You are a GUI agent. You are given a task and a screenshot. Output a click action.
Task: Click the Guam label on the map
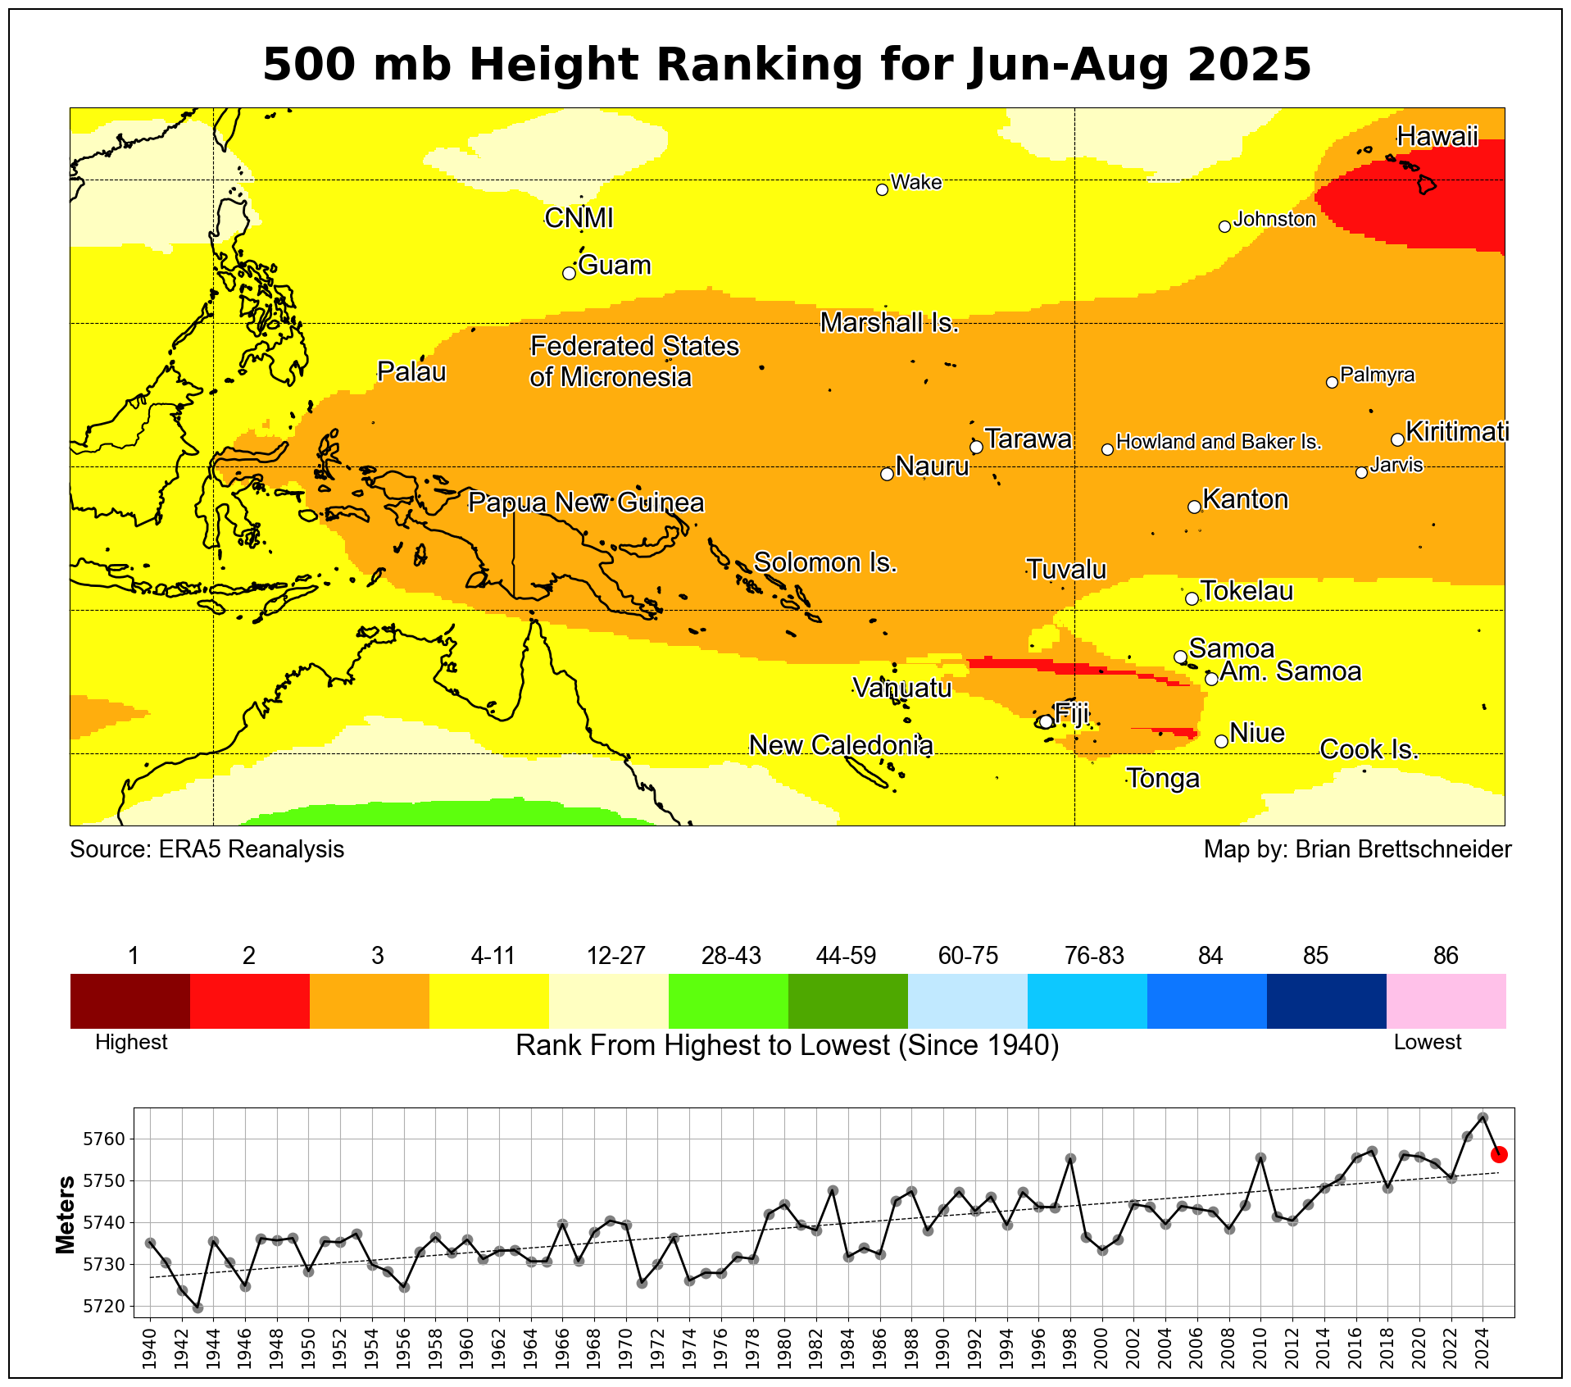tap(614, 266)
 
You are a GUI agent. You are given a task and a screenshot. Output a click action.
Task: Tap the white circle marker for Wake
tap(882, 189)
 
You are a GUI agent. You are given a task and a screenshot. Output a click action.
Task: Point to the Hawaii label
tap(1437, 136)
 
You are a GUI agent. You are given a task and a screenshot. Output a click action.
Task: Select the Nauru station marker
tap(887, 474)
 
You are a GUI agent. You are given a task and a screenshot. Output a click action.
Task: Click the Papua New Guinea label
tap(586, 503)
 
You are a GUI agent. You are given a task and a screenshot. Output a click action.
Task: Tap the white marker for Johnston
tap(1224, 226)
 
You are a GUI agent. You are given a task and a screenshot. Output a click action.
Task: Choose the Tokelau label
tap(1246, 591)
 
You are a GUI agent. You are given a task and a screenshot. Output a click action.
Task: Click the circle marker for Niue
tap(1221, 741)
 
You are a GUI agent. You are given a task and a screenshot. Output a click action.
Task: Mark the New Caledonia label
tap(841, 745)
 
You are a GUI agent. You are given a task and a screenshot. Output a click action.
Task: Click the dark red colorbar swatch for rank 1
tap(130, 1001)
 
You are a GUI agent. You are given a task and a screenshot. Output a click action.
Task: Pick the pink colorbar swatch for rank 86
tap(1446, 1001)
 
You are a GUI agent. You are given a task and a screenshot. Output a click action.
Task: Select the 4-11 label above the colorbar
tap(493, 956)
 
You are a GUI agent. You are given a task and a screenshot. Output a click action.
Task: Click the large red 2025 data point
tap(1499, 1155)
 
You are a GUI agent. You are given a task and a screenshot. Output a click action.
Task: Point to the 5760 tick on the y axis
tap(103, 1139)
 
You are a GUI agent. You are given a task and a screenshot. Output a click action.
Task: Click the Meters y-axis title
tap(66, 1215)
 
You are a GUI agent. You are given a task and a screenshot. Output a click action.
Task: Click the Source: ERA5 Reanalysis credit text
tap(207, 849)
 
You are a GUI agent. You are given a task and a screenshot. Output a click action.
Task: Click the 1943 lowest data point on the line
tap(198, 1307)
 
